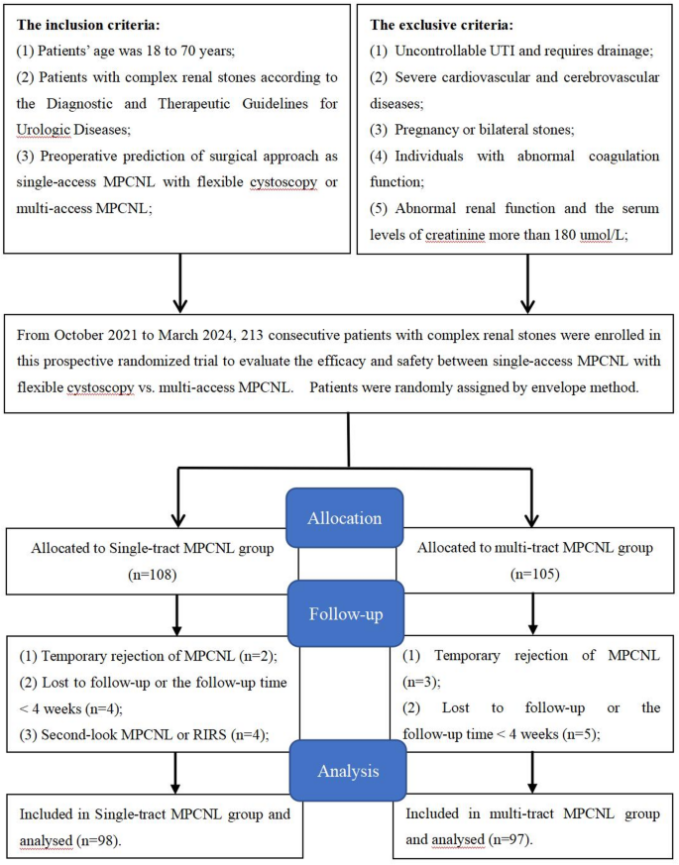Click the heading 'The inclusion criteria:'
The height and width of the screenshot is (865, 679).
92,23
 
